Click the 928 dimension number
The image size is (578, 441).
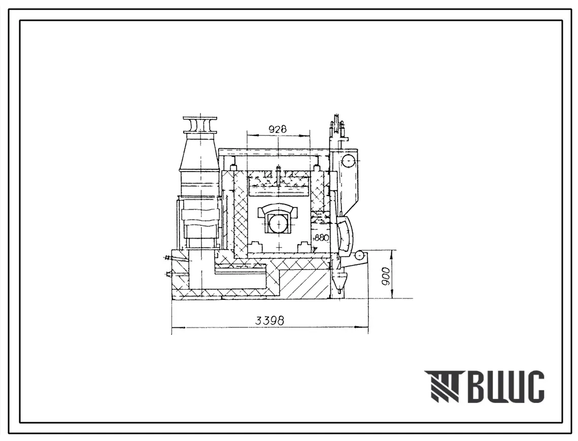pyautogui.click(x=278, y=129)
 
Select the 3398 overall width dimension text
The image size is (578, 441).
pyautogui.click(x=270, y=320)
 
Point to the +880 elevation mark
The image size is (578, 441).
pyautogui.click(x=320, y=238)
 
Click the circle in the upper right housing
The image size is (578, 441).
pyautogui.click(x=348, y=160)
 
